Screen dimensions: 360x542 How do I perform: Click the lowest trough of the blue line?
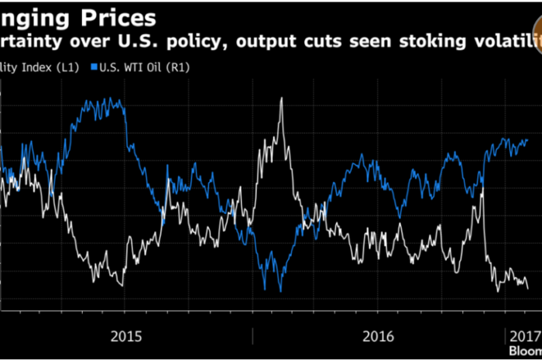[280, 291]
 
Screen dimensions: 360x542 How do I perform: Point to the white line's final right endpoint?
[528, 289]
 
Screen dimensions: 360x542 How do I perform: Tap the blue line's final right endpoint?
[527, 140]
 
